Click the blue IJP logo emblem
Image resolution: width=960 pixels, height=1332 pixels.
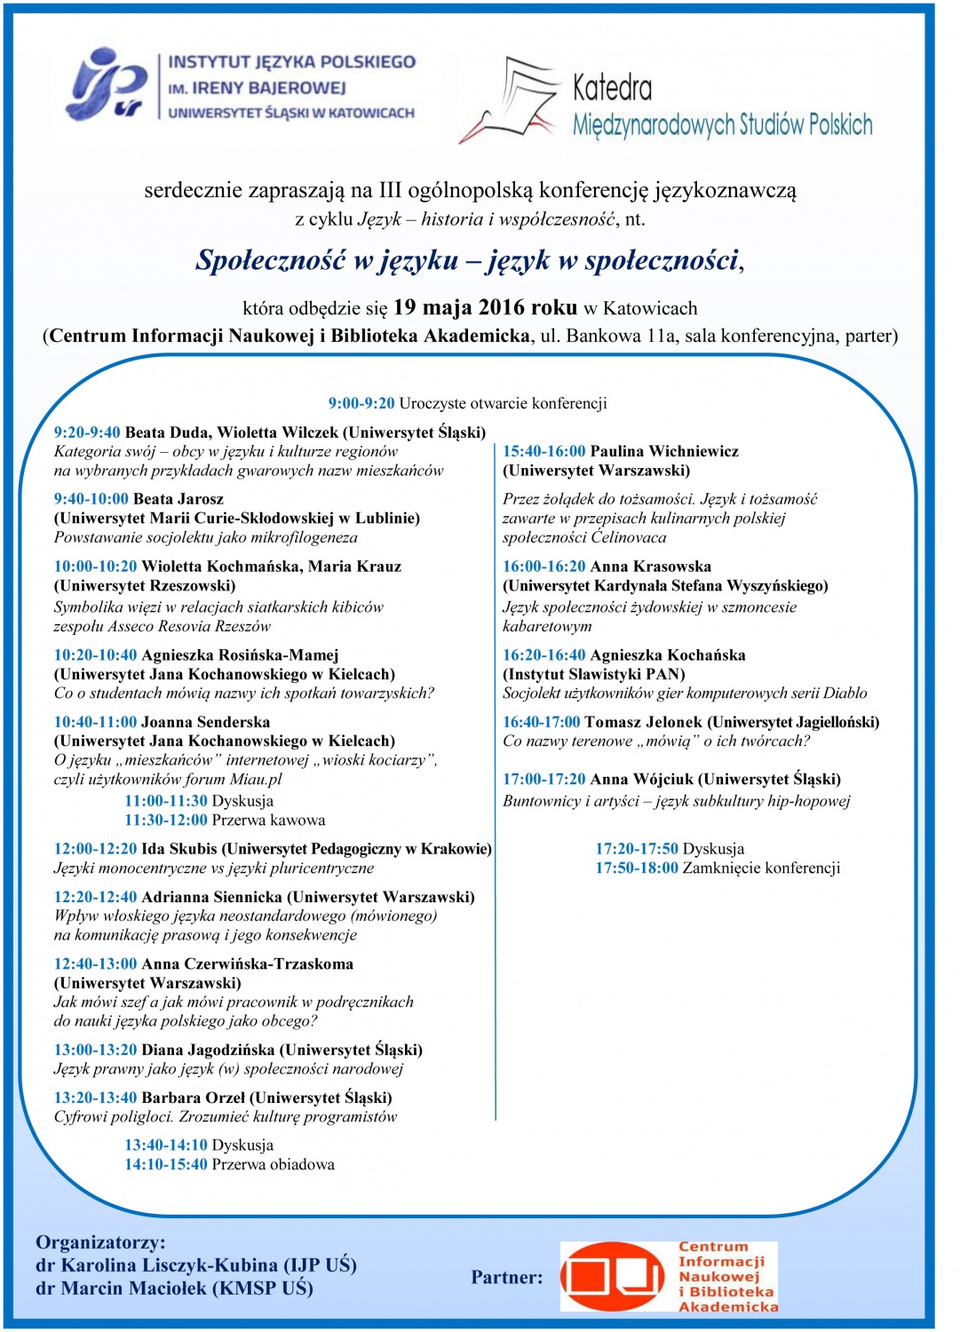[107, 85]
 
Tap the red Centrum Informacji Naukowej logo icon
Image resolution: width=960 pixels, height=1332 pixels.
[613, 1277]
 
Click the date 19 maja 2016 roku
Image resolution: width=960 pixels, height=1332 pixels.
[485, 308]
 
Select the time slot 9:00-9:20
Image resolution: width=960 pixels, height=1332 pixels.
[361, 403]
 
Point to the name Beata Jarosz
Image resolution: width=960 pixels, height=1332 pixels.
[178, 499]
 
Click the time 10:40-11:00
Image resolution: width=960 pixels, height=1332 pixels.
[95, 722]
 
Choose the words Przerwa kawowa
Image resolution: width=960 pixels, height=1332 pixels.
[268, 820]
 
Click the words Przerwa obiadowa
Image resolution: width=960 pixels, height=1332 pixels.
[273, 1164]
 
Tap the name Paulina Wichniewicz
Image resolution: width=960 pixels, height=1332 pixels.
[664, 451]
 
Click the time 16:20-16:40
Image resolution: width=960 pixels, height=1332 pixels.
[543, 655]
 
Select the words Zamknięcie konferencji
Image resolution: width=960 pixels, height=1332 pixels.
[761, 868]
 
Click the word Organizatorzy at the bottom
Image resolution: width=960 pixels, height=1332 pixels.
[100, 1242]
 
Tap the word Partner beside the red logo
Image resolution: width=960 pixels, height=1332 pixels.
[506, 1277]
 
